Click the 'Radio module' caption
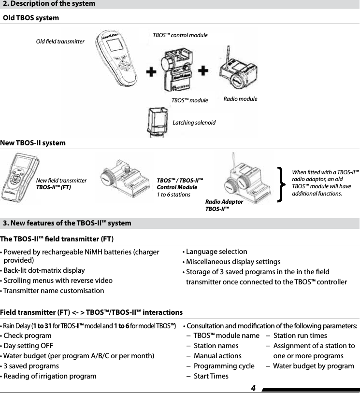(x=241, y=99)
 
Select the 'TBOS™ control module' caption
(x=180, y=35)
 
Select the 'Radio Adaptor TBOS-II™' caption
(x=224, y=205)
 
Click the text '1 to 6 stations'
(x=173, y=194)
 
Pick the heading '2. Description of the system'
(x=49, y=4)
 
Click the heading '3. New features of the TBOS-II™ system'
(x=67, y=223)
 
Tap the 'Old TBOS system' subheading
(x=31, y=18)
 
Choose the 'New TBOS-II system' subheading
(x=33, y=143)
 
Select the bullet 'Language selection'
(x=216, y=252)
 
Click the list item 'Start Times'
(x=211, y=376)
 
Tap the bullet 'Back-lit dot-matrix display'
(x=44, y=270)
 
